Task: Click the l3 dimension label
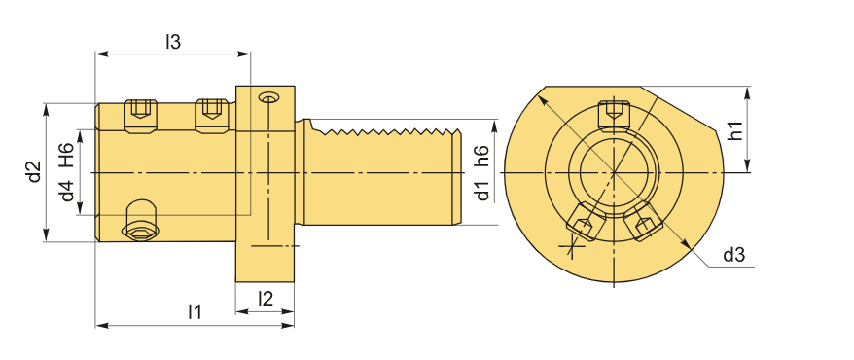click(173, 42)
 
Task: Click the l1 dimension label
click(195, 312)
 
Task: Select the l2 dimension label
click(266, 298)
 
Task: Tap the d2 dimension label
click(35, 172)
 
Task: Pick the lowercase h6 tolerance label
click(481, 157)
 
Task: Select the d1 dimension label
click(481, 191)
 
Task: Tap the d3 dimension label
click(733, 254)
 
